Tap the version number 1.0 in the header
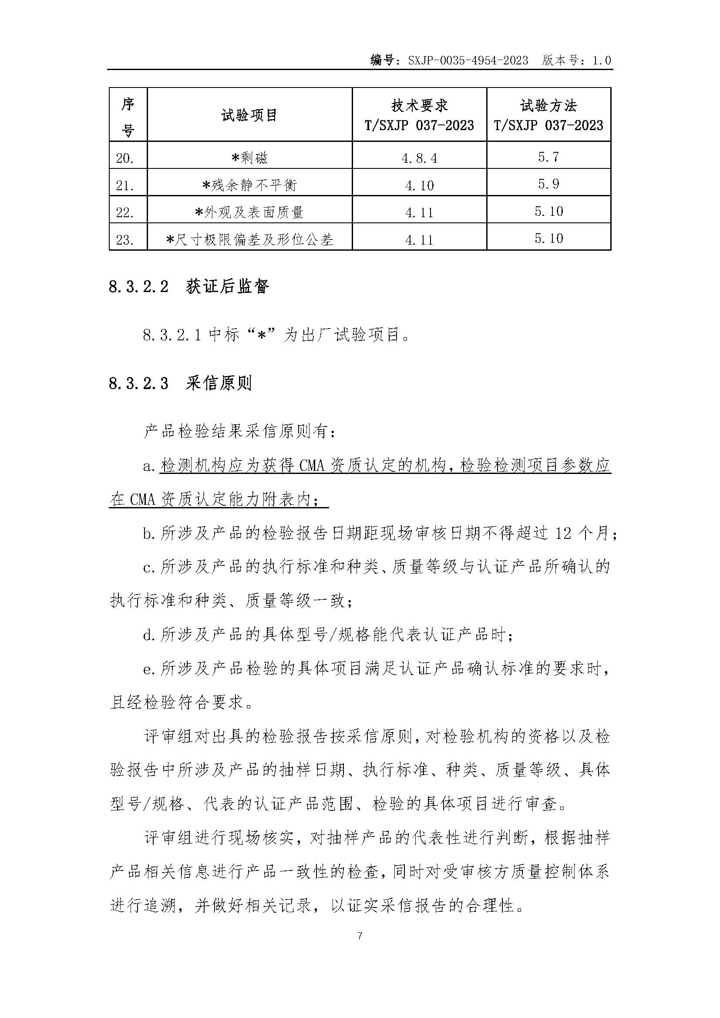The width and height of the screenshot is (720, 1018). (602, 60)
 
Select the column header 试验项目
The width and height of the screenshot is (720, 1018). (249, 115)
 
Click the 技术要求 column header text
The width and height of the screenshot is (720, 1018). (419, 105)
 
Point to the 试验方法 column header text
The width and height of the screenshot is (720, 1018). (548, 105)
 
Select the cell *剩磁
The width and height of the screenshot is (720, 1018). (249, 158)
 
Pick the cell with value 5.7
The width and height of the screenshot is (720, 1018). (548, 157)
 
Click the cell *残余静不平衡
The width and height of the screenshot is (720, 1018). (249, 185)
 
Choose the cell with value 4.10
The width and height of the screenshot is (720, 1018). (419, 185)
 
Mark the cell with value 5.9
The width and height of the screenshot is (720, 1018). (548, 184)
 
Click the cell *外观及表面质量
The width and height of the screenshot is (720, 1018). (249, 212)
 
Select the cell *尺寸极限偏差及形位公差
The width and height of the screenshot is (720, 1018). (249, 240)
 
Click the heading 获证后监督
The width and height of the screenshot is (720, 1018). (227, 286)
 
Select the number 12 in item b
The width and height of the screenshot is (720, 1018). (562, 534)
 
